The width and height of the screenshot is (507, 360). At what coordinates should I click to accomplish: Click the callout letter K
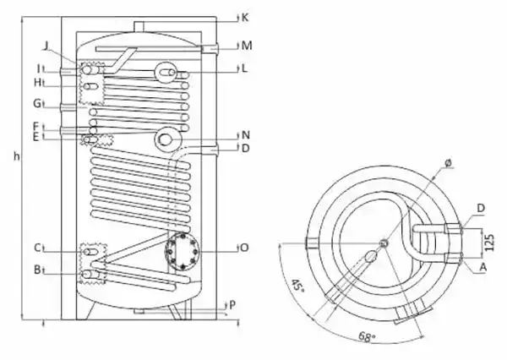coord(245,18)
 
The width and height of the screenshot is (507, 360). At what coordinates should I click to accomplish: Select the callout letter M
coord(247,46)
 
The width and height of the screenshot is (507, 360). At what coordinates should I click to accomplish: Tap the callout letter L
coord(244,68)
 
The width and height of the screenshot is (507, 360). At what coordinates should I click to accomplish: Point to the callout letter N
coord(246,135)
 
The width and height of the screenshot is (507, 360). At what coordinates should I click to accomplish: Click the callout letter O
coord(245,248)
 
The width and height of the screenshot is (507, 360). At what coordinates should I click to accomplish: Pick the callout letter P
coord(232,305)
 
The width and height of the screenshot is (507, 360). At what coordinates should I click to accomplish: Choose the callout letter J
coord(46,46)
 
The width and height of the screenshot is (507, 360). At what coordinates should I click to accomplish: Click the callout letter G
coord(37,103)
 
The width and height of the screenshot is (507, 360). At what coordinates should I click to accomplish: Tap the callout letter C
coord(37,248)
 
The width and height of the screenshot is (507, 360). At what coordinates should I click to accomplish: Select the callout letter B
coord(37,270)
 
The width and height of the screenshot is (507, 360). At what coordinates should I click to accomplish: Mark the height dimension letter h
coord(17,156)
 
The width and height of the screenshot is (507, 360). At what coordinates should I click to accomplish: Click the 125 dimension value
coord(490,243)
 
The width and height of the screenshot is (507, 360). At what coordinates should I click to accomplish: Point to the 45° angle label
coord(297,286)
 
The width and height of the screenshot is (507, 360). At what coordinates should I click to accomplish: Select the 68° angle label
coord(367,337)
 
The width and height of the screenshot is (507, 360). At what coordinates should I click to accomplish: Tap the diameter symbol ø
coord(448,163)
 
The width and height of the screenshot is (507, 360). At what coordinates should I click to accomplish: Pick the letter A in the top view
coord(483,267)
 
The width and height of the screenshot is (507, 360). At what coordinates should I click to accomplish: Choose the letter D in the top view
coord(481,208)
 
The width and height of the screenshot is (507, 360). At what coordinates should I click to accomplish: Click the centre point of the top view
coord(384,243)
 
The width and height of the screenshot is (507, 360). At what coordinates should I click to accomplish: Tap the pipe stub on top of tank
coord(139,26)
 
